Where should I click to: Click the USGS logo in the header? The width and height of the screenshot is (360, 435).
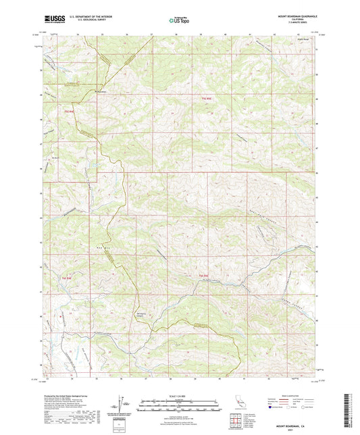coord(53,19)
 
